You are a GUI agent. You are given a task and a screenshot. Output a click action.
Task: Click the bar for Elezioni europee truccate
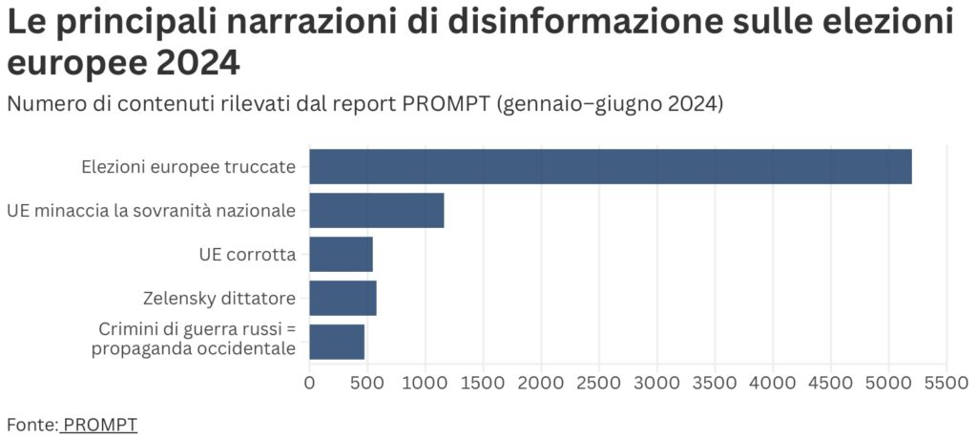click(611, 167)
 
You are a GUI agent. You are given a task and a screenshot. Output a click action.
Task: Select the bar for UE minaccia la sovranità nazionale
click(377, 210)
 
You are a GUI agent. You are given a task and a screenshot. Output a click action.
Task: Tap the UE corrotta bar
click(341, 254)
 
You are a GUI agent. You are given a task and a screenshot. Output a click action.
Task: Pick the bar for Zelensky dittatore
click(343, 298)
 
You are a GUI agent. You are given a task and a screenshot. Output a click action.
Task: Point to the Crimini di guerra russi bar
click(337, 341)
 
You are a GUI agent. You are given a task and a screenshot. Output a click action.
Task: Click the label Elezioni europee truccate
click(188, 168)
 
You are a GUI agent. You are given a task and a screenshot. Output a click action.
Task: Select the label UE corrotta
click(247, 255)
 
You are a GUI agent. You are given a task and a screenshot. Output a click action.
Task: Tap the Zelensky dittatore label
click(219, 298)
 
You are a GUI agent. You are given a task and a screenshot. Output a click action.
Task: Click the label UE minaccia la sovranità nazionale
click(151, 211)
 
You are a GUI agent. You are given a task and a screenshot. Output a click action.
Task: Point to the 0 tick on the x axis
click(309, 384)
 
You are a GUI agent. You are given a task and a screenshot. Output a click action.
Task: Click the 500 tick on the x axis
click(367, 384)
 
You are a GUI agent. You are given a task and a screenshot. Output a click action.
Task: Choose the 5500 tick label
click(946, 384)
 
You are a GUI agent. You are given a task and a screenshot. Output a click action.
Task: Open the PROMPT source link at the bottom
click(100, 423)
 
